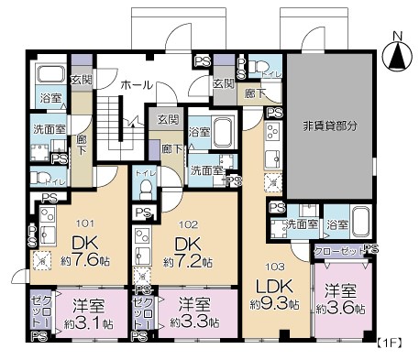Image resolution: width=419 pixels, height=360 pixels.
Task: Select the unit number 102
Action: tap(186, 221)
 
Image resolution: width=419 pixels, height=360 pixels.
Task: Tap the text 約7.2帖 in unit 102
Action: tap(186, 261)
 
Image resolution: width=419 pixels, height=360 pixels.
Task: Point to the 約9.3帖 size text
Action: tap(272, 303)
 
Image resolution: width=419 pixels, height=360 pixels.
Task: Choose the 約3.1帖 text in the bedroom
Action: tap(89, 323)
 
